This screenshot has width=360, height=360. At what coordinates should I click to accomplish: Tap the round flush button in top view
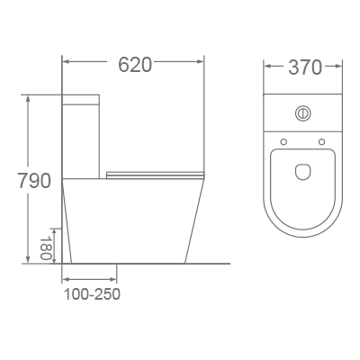302,113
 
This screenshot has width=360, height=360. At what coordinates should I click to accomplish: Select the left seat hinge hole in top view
283,141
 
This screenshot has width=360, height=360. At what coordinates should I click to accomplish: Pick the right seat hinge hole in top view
321,141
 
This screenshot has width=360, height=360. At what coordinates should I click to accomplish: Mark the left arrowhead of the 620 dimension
67,63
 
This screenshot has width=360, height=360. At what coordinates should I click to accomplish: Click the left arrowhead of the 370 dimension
267,67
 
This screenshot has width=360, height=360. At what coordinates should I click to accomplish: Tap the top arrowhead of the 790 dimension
31,96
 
